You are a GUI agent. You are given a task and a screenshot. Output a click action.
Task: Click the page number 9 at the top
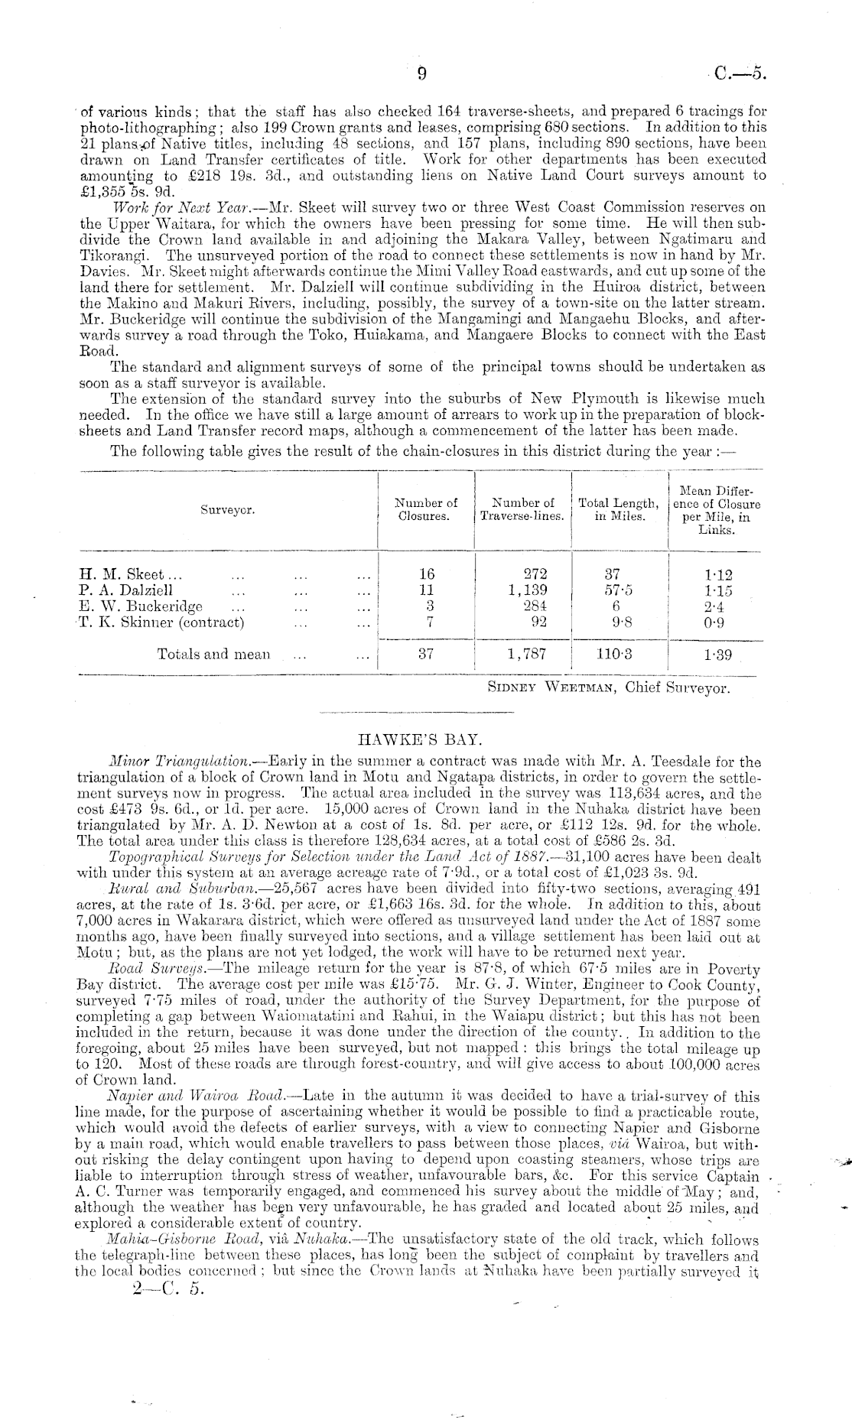click(421, 74)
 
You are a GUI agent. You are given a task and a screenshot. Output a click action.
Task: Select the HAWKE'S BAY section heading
click(419, 740)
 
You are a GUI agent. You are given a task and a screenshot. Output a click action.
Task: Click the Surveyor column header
click(228, 509)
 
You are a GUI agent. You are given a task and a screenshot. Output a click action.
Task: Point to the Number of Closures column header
click(425, 509)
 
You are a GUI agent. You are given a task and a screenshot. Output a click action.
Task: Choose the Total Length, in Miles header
click(619, 509)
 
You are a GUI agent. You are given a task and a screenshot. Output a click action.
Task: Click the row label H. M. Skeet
click(121, 574)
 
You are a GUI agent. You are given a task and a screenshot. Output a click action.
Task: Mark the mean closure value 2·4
click(715, 606)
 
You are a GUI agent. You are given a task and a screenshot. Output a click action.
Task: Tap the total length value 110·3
click(616, 654)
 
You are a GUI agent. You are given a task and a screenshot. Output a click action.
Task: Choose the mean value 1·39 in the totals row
click(715, 655)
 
